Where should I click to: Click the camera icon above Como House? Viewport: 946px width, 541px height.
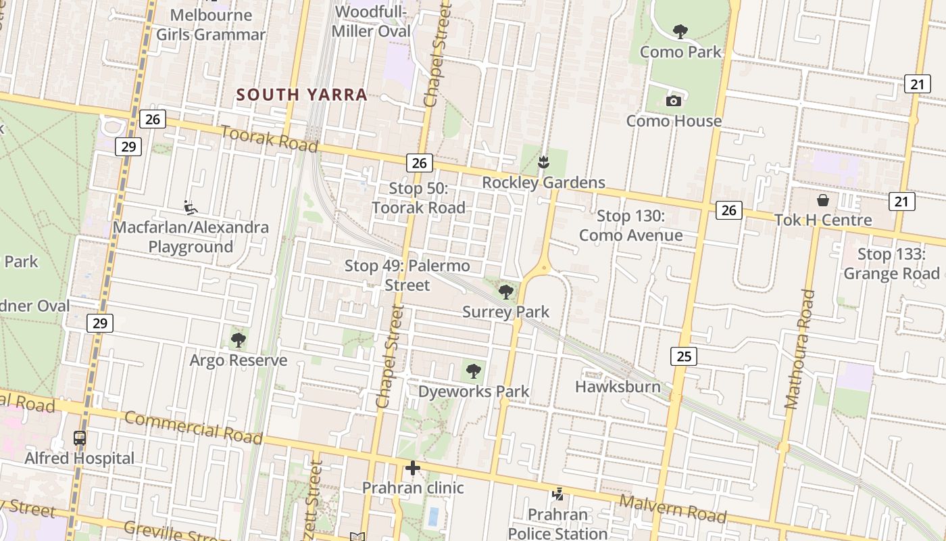(x=673, y=101)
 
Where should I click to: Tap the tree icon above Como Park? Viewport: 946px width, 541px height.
(x=680, y=31)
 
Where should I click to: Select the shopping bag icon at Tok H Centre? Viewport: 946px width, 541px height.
(x=823, y=199)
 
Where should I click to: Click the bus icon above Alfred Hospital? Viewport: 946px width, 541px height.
(x=80, y=438)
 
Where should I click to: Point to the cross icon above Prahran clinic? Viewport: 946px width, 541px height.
(x=412, y=468)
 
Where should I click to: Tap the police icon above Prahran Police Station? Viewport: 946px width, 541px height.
(x=558, y=495)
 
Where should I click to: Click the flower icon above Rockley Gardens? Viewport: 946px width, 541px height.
(x=543, y=162)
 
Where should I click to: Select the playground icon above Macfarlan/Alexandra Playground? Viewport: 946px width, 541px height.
(x=191, y=207)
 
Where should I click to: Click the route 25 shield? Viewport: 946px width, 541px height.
(x=684, y=356)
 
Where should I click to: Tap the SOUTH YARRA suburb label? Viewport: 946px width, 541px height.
(x=302, y=95)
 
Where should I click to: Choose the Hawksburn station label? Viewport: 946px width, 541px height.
(x=618, y=387)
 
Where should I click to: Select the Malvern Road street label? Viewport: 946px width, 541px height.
(x=673, y=509)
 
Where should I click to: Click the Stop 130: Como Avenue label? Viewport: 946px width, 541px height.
(x=631, y=226)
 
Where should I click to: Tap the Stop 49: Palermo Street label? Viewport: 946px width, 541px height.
(x=407, y=275)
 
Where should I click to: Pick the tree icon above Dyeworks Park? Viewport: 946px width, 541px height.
(x=474, y=371)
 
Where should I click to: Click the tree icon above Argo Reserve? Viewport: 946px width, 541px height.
(x=238, y=339)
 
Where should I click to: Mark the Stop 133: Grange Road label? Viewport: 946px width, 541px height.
(x=892, y=264)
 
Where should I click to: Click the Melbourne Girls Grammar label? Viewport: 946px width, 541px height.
(x=211, y=24)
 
